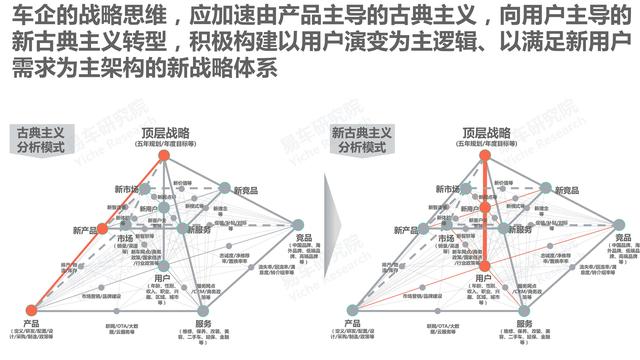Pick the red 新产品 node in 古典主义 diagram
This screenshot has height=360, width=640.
tap(100, 230)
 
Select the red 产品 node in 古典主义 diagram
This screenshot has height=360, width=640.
tap(31, 308)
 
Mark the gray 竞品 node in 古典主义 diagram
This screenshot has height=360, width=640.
tap(298, 225)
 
